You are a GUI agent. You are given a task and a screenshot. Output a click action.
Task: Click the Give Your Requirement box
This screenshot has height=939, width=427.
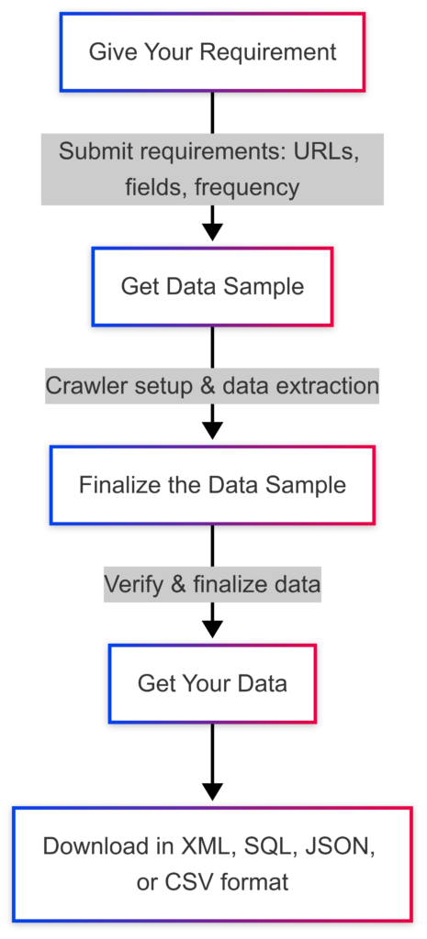[212, 52]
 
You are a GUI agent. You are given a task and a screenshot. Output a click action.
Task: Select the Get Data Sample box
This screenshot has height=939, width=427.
[212, 287]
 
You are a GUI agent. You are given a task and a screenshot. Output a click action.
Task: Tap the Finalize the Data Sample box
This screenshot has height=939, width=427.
[212, 484]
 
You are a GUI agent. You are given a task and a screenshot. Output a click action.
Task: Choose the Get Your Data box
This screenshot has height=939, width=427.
[212, 683]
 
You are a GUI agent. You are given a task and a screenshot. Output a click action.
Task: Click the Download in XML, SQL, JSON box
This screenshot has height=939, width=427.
[212, 864]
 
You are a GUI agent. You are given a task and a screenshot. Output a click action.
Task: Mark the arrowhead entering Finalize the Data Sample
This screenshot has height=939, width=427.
[212, 431]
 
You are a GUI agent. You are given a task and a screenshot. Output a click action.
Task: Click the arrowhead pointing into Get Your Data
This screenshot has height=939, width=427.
[212, 629]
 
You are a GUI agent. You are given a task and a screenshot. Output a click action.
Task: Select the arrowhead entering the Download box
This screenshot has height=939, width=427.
[212, 791]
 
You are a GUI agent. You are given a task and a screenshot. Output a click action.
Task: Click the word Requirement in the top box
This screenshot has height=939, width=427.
[268, 52]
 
